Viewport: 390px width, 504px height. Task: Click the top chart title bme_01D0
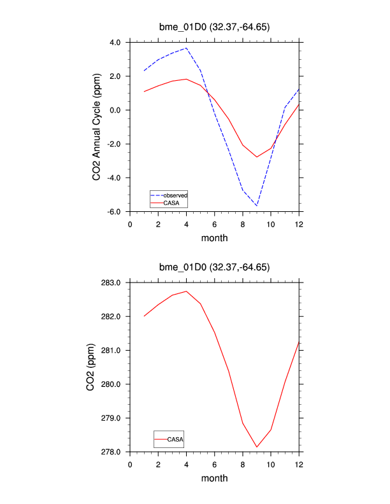214,27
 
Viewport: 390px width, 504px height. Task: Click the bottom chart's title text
214,267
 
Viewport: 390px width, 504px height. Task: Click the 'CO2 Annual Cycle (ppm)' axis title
97,126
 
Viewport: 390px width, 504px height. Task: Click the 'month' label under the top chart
214,238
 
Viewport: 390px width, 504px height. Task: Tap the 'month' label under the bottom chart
214,478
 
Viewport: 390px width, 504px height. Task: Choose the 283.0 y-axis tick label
112,283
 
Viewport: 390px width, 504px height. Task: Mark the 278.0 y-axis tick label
112,452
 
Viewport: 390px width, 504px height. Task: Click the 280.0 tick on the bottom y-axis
112,384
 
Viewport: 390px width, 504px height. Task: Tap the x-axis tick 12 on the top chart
299,224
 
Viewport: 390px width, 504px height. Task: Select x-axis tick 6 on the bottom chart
215,464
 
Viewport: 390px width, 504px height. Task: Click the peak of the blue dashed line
187,48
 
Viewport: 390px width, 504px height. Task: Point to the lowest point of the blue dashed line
257,206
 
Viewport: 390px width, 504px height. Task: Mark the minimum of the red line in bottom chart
257,447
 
